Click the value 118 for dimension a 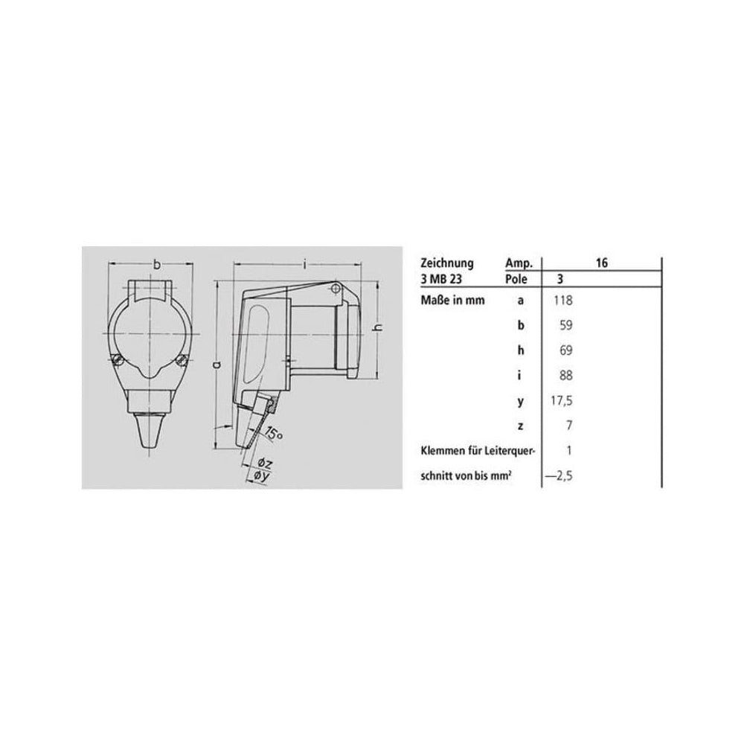(562, 301)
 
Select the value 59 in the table (565, 326)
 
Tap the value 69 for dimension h (565, 350)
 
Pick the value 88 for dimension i (565, 376)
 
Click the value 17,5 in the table (561, 401)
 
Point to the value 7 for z (569, 426)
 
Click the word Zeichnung (447, 263)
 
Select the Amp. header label (519, 263)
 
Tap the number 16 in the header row (602, 263)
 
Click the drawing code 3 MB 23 (440, 279)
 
